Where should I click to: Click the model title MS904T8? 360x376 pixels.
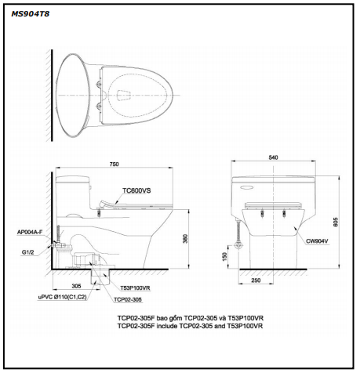pos(30,14)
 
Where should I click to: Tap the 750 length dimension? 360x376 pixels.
pos(114,164)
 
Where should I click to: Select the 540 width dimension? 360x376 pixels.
pos(273,157)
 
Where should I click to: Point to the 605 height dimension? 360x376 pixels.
pos(336,222)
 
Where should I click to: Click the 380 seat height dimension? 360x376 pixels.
pos(185,239)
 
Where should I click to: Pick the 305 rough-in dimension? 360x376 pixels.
pos(76,286)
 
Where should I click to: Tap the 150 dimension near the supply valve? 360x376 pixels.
pos(224,256)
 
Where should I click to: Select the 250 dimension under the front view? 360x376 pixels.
pos(256,280)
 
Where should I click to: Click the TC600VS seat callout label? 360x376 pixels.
pos(136,191)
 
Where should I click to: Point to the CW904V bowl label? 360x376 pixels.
pos(317,241)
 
